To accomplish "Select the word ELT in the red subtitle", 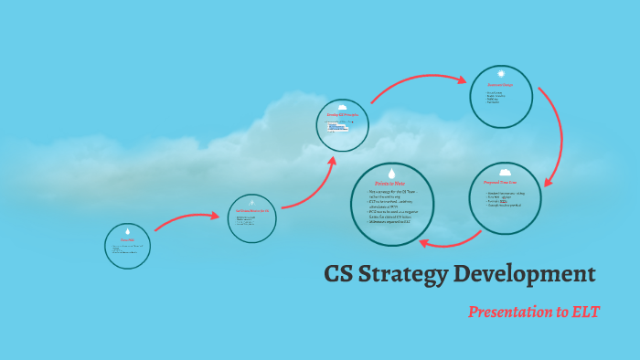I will [x=584, y=312].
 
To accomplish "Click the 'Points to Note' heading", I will [x=390, y=185].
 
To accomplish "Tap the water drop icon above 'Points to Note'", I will [x=391, y=173].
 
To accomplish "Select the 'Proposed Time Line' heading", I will [x=505, y=183].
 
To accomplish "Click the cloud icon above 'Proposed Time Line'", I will [x=505, y=172].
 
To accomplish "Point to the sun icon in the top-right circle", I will [x=501, y=73].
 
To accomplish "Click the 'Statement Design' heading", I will [x=500, y=85].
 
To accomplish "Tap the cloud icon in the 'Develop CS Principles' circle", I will [x=342, y=108].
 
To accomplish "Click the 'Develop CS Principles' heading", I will [x=342, y=115].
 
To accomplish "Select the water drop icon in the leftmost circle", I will [x=127, y=231].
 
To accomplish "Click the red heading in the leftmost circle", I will [x=127, y=241].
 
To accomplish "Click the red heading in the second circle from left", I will [x=252, y=211].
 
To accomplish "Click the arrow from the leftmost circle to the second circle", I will [x=187, y=218].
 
